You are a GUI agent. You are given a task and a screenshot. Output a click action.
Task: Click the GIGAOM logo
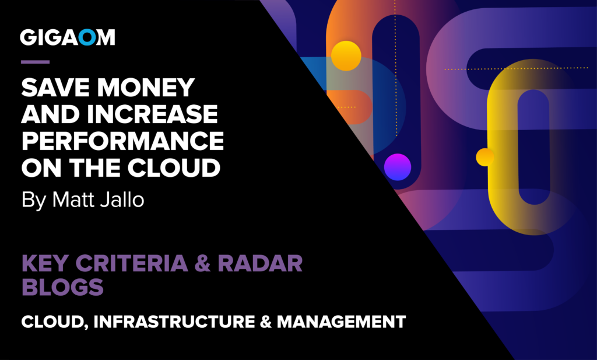point(68,37)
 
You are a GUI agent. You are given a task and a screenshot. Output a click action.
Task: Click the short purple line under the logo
point(35,62)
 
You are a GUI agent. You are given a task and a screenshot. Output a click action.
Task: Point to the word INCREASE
point(156,114)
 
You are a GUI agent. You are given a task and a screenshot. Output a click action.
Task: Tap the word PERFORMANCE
point(122,141)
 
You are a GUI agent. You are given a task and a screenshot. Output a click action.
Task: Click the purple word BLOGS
point(63,287)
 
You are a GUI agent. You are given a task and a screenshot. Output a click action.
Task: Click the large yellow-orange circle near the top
point(346,56)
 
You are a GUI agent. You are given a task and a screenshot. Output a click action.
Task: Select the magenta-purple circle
point(398,166)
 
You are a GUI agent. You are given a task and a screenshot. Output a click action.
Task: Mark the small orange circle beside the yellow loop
point(484,157)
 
